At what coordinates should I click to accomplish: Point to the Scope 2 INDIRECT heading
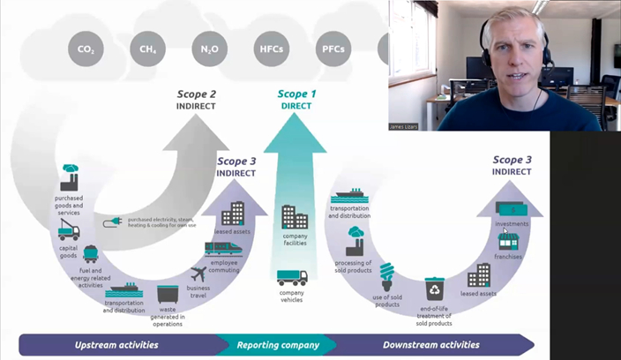point(196,99)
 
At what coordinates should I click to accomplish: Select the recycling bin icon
point(434,288)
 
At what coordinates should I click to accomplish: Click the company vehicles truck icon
point(292,279)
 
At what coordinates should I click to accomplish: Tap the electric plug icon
point(114,222)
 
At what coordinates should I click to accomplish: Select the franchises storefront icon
point(507,241)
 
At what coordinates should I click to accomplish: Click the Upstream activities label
point(116,345)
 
